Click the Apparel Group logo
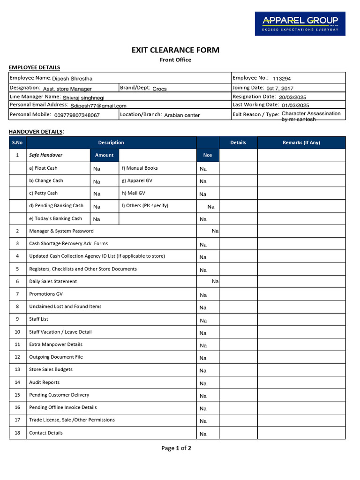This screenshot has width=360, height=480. click(x=300, y=23)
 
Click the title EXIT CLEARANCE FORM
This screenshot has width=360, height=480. click(x=175, y=50)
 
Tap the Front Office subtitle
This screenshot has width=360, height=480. click(x=175, y=60)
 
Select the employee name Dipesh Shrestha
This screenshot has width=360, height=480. click(x=72, y=79)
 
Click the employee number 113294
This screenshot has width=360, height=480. click(x=282, y=79)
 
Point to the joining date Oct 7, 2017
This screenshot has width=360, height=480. click(x=280, y=88)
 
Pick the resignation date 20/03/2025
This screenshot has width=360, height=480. click(x=292, y=97)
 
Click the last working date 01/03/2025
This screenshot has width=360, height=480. click(x=295, y=105)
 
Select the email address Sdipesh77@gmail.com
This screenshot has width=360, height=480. click(x=98, y=106)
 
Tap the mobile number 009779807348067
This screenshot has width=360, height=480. click(x=77, y=115)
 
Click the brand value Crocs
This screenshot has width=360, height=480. click(x=159, y=89)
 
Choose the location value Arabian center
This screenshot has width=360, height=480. click(x=182, y=115)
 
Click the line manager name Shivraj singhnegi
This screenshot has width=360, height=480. click(x=83, y=97)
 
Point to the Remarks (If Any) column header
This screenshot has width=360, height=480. click(x=301, y=142)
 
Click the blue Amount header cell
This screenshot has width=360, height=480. click(x=104, y=155)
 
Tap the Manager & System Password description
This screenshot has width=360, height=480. click(x=61, y=231)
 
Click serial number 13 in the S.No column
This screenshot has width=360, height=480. click(x=17, y=369)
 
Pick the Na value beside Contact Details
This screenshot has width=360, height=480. click(x=203, y=434)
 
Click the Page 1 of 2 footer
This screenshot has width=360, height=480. click(x=176, y=448)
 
